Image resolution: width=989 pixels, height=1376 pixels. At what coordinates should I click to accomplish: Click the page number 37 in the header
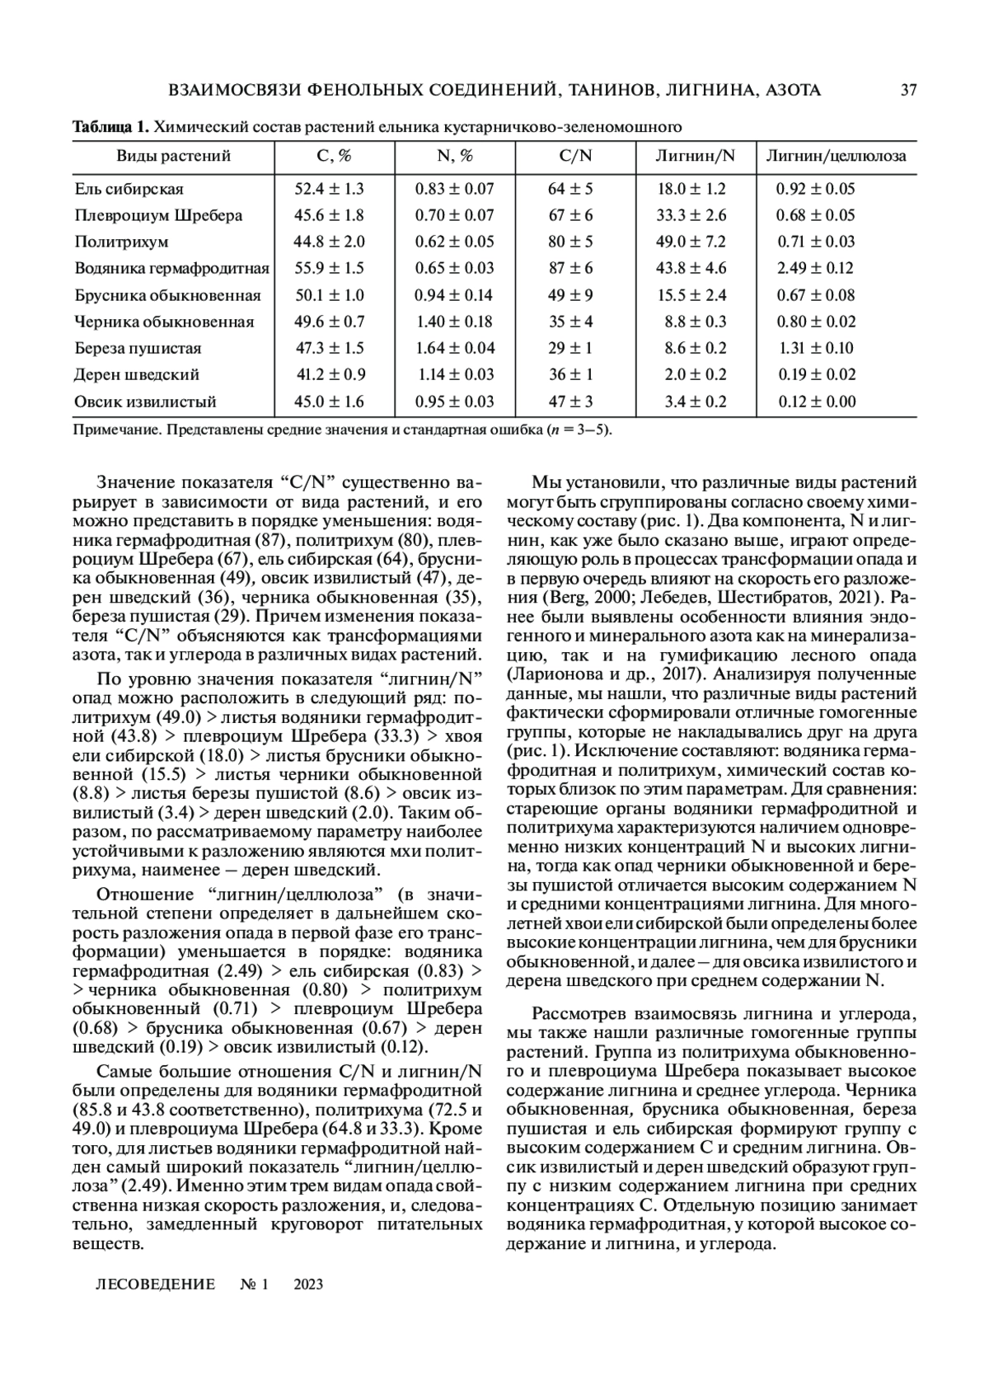coord(908,90)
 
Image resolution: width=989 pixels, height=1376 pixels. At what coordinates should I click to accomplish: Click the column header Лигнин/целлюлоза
coord(836,156)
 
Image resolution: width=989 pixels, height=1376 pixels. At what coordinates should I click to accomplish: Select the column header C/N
coord(575,156)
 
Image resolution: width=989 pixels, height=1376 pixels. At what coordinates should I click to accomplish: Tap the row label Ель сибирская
coord(129,189)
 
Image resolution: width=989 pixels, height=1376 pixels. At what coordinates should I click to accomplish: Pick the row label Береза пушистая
coord(138,348)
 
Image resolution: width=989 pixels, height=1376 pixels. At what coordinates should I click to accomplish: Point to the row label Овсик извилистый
coord(145,402)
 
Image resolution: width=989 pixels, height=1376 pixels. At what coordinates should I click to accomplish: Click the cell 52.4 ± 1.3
coord(330,189)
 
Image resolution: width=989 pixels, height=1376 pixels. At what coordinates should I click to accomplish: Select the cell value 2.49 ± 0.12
coord(816,268)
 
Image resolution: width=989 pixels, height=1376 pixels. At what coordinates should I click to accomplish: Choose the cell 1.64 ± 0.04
coord(455,348)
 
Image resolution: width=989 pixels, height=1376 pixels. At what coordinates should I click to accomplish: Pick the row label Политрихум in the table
coord(121,242)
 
